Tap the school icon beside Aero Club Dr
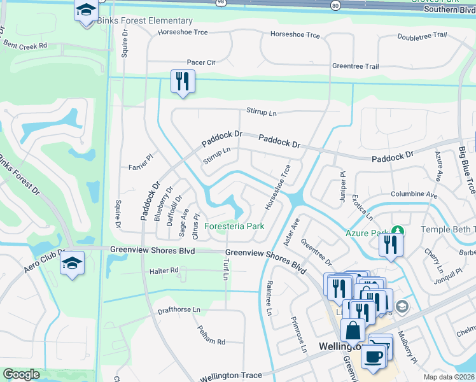pyautogui.click(x=72, y=262)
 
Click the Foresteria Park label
pyautogui.click(x=234, y=226)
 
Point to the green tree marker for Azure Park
pyautogui.click(x=398, y=229)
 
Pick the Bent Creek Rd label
pyautogui.click(x=25, y=46)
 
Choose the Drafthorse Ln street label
pyautogui.click(x=179, y=310)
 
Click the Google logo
pyautogui.click(x=21, y=374)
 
